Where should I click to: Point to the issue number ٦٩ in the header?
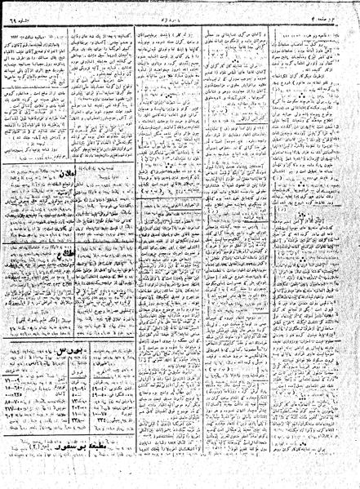point(18,6)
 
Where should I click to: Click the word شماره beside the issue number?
point(33,6)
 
